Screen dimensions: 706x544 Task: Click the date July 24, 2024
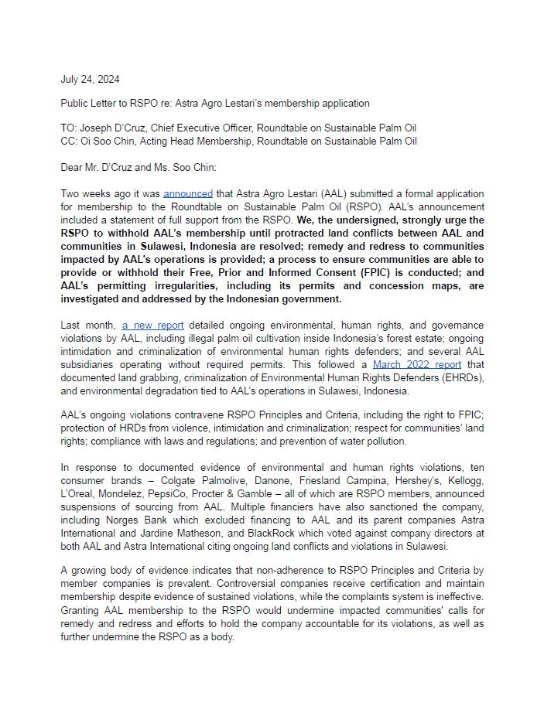90,79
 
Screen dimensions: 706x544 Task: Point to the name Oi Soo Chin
105,142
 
